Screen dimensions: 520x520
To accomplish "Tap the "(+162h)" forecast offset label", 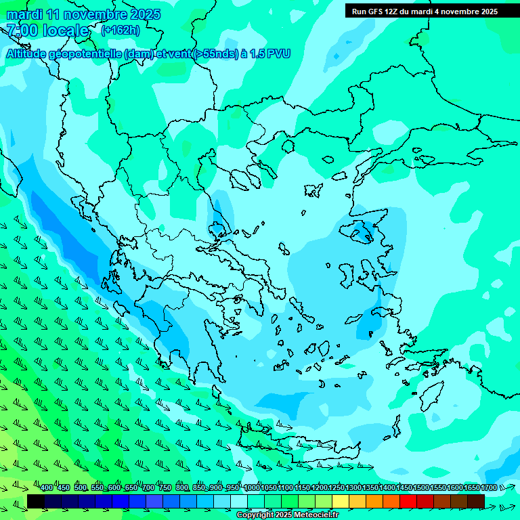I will coord(121,30).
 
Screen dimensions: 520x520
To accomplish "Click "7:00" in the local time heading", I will coord(21,30).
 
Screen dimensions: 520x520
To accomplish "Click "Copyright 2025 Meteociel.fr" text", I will coord(287,515).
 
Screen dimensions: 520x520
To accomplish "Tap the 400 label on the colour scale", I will coord(47,488).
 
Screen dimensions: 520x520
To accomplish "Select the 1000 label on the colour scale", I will coord(252,488).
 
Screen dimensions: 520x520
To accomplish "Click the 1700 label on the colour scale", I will coord(488,488).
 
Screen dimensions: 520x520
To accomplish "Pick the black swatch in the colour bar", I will coord(36,501).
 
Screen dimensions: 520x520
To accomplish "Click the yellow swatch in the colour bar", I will coord(341,501).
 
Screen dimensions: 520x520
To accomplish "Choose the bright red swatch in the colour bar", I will coord(408,501).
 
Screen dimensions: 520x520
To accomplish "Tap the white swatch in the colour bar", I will coord(239,501).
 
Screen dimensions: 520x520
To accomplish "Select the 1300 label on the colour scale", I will coord(353,488).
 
